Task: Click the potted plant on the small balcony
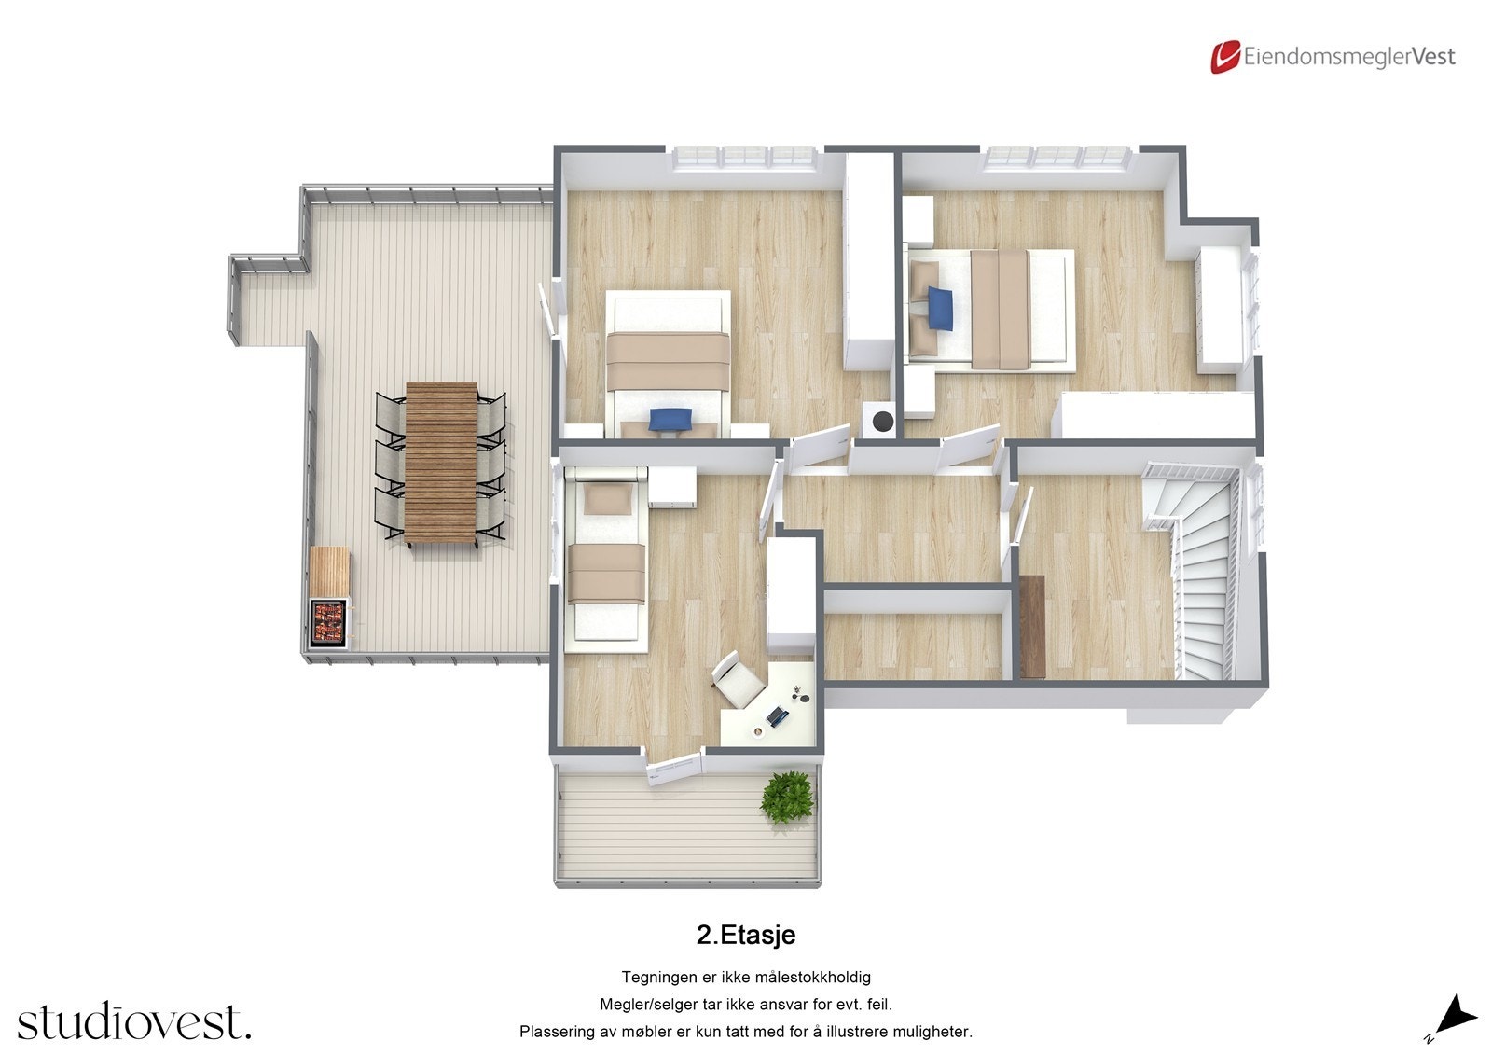tap(789, 796)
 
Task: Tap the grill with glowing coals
tap(329, 620)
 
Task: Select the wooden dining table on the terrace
tap(441, 462)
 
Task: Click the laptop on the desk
tap(778, 715)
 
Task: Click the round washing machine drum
tap(880, 421)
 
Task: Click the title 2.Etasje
tap(745, 935)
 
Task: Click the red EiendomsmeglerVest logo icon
tap(1224, 56)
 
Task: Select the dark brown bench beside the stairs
tap(1032, 626)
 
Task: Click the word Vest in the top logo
tap(1433, 57)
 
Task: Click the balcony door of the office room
tap(673, 767)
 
